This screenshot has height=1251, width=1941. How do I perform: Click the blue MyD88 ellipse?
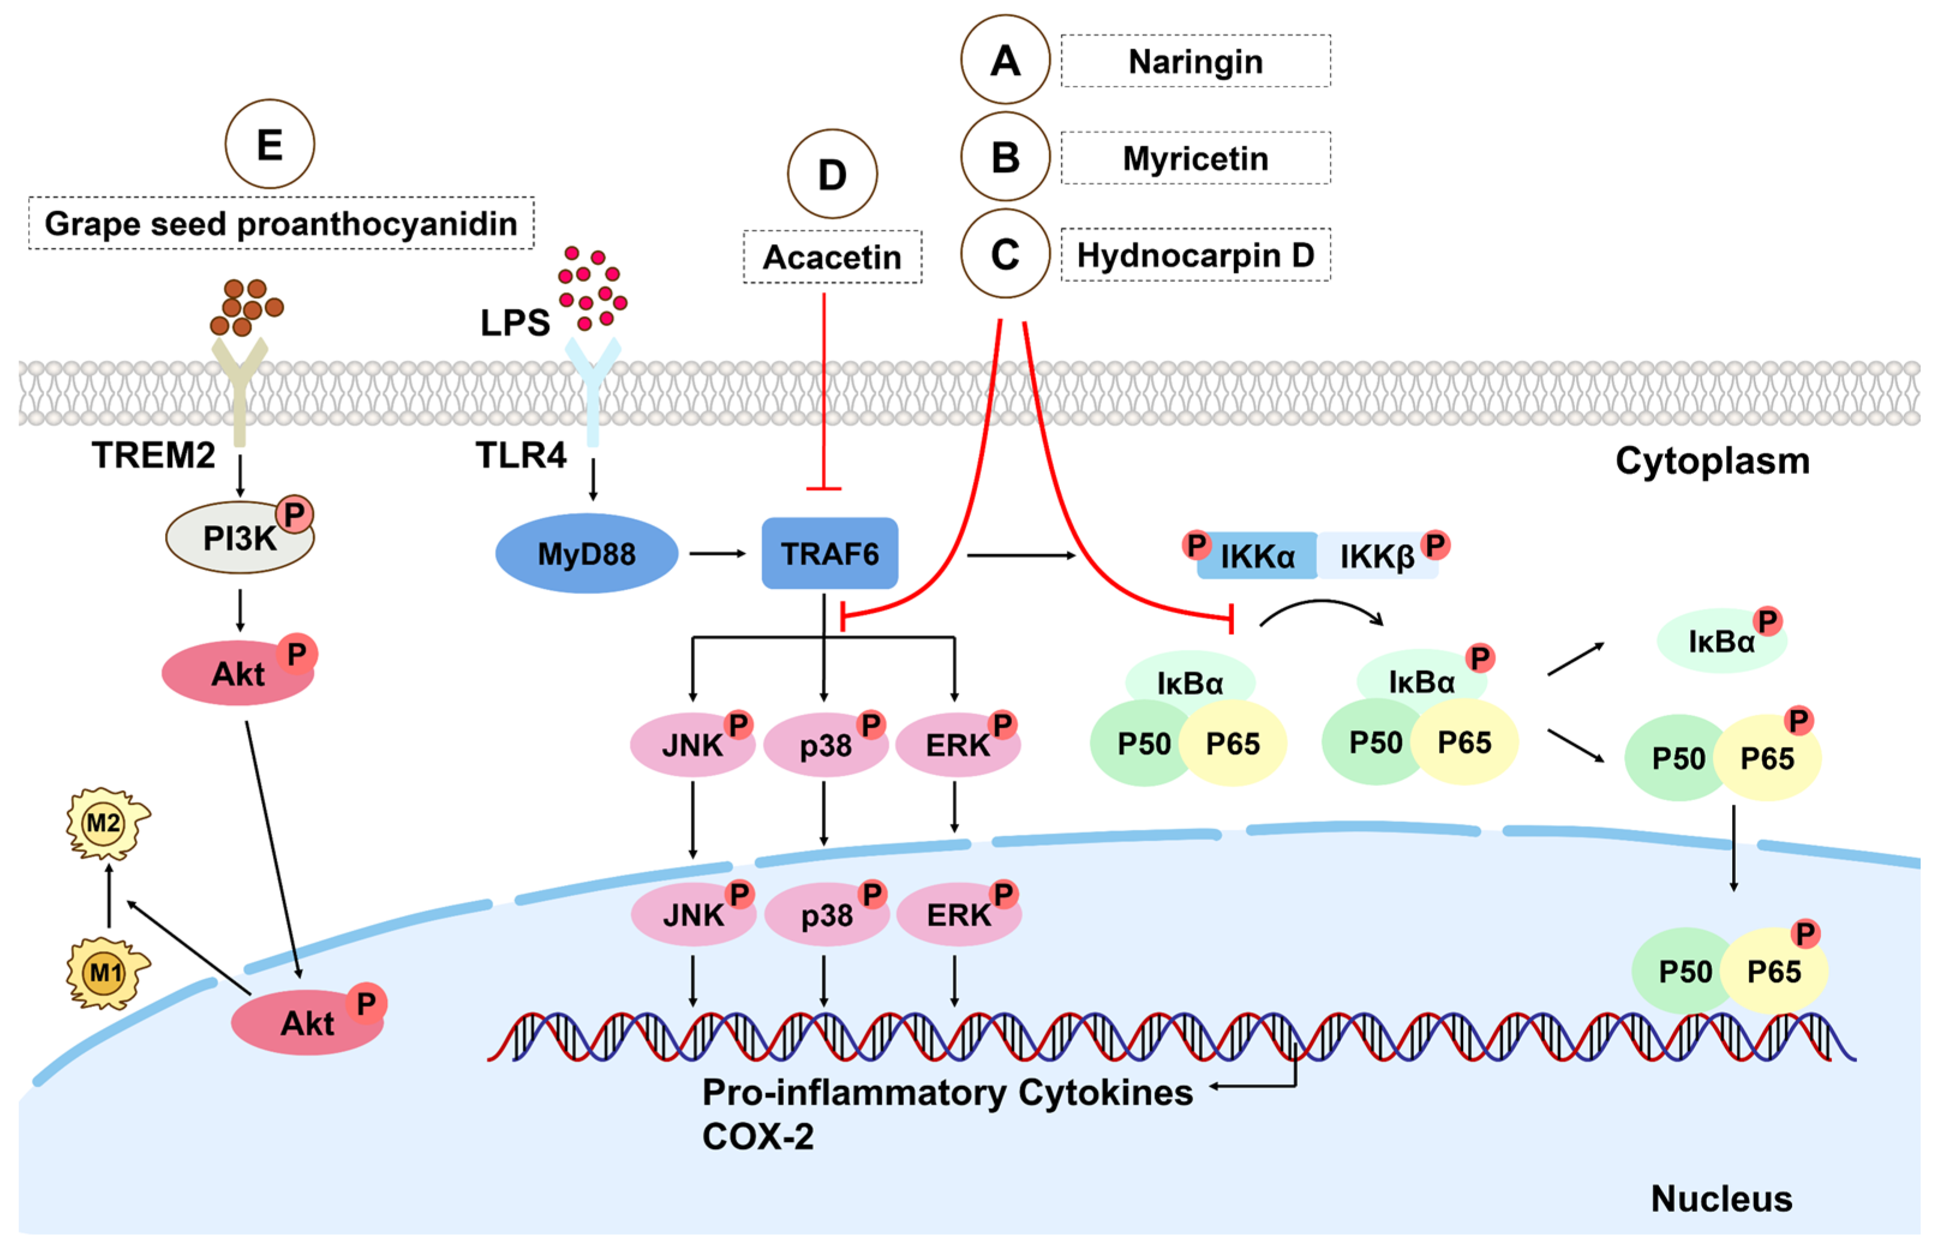586,554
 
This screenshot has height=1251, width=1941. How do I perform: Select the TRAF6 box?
829,554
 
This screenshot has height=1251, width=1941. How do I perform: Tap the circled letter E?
269,145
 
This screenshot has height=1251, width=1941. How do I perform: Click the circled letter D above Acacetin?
832,175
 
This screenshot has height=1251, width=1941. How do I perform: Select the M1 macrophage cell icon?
106,973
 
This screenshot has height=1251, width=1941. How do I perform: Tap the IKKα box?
1257,556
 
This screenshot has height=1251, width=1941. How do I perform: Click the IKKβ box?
1377,556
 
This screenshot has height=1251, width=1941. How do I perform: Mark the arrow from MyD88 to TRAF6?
717,554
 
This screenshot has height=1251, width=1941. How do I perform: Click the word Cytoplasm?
1712,461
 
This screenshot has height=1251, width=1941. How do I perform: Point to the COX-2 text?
757,1136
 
